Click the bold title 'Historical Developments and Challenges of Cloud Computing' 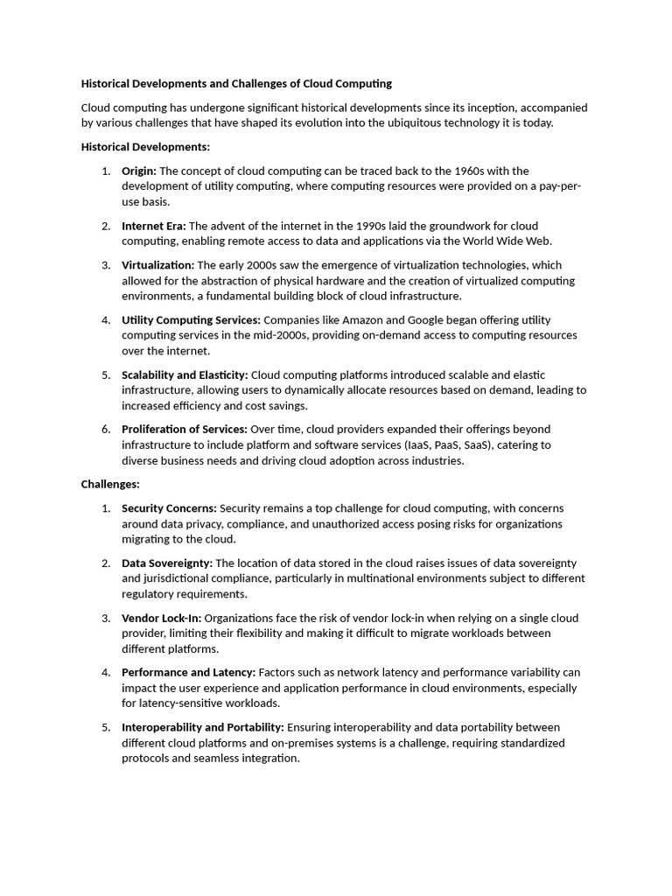[236, 84]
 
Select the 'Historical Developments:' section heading [145, 147]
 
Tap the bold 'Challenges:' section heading [110, 484]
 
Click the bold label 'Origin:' [139, 171]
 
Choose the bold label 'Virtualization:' [158, 265]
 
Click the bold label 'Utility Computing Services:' [191, 320]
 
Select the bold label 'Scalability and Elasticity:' [185, 374]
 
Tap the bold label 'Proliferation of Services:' [185, 430]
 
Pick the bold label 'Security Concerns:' [169, 508]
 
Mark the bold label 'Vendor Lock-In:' [161, 618]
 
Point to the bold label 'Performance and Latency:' [188, 673]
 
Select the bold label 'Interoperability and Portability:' [203, 727]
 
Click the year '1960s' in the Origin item [479, 171]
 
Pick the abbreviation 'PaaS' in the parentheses [449, 445]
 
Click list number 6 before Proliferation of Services [105, 430]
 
